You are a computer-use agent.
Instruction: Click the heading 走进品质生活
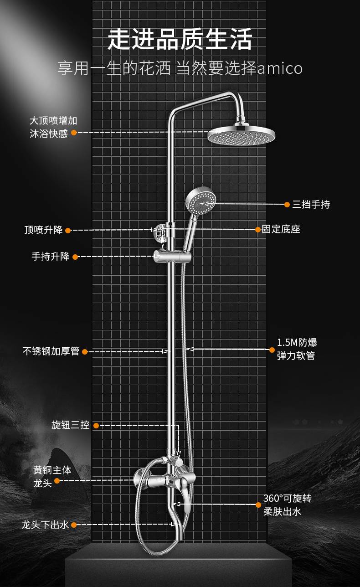tap(180, 39)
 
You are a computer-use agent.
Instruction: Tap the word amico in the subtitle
tap(280, 68)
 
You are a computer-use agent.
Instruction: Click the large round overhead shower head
tap(241, 135)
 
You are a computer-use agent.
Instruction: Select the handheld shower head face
tap(201, 201)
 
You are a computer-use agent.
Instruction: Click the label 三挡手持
tap(311, 204)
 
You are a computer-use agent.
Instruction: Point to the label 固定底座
tap(281, 229)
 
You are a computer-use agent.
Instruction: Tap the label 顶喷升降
tap(43, 230)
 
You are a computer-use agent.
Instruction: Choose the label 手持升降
tap(51, 257)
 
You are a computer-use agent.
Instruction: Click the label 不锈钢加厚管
tap(51, 351)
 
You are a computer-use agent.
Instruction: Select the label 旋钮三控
tap(70, 425)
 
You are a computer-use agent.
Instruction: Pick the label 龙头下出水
tap(45, 525)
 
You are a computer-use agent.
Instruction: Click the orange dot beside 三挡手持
tap(287, 204)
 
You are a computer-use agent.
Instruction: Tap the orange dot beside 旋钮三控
tap(96, 426)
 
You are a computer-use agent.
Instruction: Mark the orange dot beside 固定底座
tap(258, 229)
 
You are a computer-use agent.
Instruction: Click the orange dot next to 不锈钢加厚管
tap(85, 351)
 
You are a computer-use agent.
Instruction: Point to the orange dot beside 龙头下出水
tap(74, 525)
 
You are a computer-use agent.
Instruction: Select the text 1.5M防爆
tap(297, 342)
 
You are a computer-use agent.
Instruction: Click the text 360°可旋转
tap(287, 498)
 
